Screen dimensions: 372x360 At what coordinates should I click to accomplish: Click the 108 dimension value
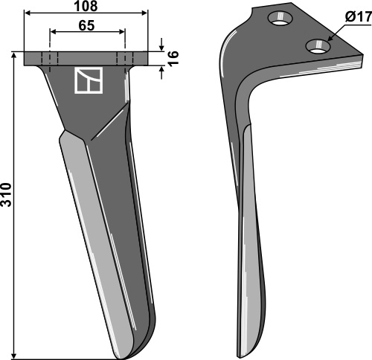(x=86, y=6)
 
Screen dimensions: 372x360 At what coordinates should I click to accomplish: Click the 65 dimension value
(x=86, y=25)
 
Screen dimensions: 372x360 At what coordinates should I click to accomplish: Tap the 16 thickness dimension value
(x=174, y=58)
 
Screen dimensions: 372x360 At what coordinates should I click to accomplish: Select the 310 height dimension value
(x=7, y=195)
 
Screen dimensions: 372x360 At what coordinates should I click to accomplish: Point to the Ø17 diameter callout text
(x=358, y=17)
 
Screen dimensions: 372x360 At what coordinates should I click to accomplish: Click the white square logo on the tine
(x=89, y=80)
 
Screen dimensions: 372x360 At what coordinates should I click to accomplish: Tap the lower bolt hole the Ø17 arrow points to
(x=318, y=46)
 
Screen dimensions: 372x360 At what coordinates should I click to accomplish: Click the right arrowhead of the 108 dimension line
(x=144, y=13)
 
